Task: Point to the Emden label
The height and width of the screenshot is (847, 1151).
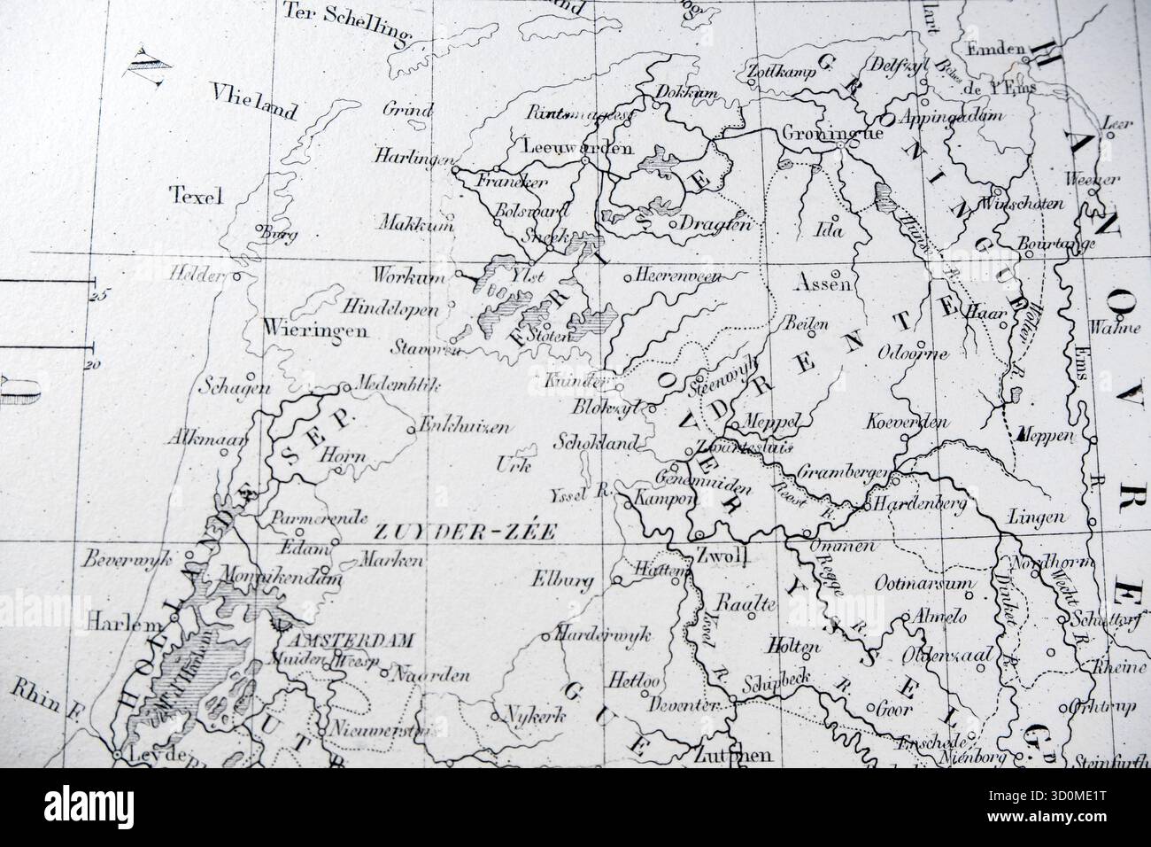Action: (995, 50)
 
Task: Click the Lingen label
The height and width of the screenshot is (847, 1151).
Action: (1036, 517)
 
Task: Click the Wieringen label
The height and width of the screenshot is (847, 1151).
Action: (303, 330)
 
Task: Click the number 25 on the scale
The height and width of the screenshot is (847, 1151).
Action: (97, 296)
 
